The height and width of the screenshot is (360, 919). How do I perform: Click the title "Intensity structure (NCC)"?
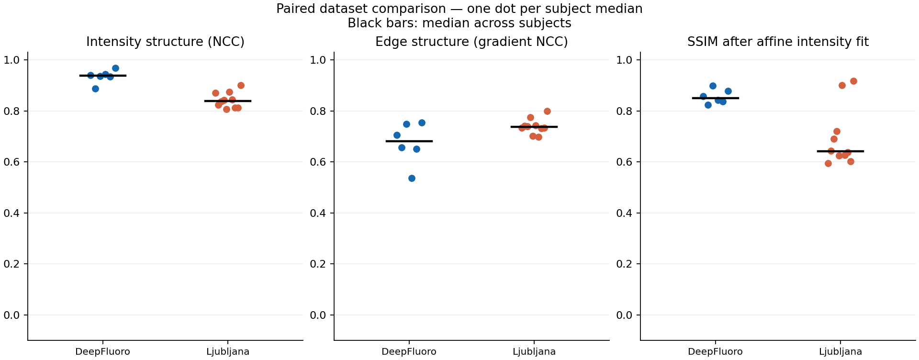(165, 42)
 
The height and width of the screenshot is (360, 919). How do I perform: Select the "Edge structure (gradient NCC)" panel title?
(471, 42)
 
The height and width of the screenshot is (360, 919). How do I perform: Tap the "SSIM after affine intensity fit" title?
(778, 42)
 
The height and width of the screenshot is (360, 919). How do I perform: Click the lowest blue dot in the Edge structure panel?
(412, 178)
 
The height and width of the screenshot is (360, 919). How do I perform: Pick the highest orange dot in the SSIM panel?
(853, 81)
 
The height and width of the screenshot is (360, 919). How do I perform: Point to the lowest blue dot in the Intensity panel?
(95, 89)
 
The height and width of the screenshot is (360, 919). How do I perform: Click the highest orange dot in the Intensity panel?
(241, 85)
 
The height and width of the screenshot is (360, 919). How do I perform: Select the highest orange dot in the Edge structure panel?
(547, 111)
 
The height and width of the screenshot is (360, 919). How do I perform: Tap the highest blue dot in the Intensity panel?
(115, 68)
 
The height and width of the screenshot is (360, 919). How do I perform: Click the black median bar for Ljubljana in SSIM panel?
(841, 151)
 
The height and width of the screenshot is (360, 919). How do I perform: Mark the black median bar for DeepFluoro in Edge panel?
(409, 141)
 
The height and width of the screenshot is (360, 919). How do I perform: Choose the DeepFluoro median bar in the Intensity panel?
(103, 76)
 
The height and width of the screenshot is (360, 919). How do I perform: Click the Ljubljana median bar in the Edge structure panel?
(534, 127)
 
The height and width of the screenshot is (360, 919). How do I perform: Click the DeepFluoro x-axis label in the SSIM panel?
(716, 352)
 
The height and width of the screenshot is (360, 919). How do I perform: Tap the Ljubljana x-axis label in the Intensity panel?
(228, 352)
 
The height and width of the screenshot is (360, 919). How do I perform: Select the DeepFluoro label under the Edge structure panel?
(409, 352)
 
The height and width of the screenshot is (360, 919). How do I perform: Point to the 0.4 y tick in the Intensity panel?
(11, 213)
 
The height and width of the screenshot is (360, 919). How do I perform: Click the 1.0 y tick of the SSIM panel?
(624, 60)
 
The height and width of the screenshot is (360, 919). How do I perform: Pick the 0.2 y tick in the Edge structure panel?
(318, 264)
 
